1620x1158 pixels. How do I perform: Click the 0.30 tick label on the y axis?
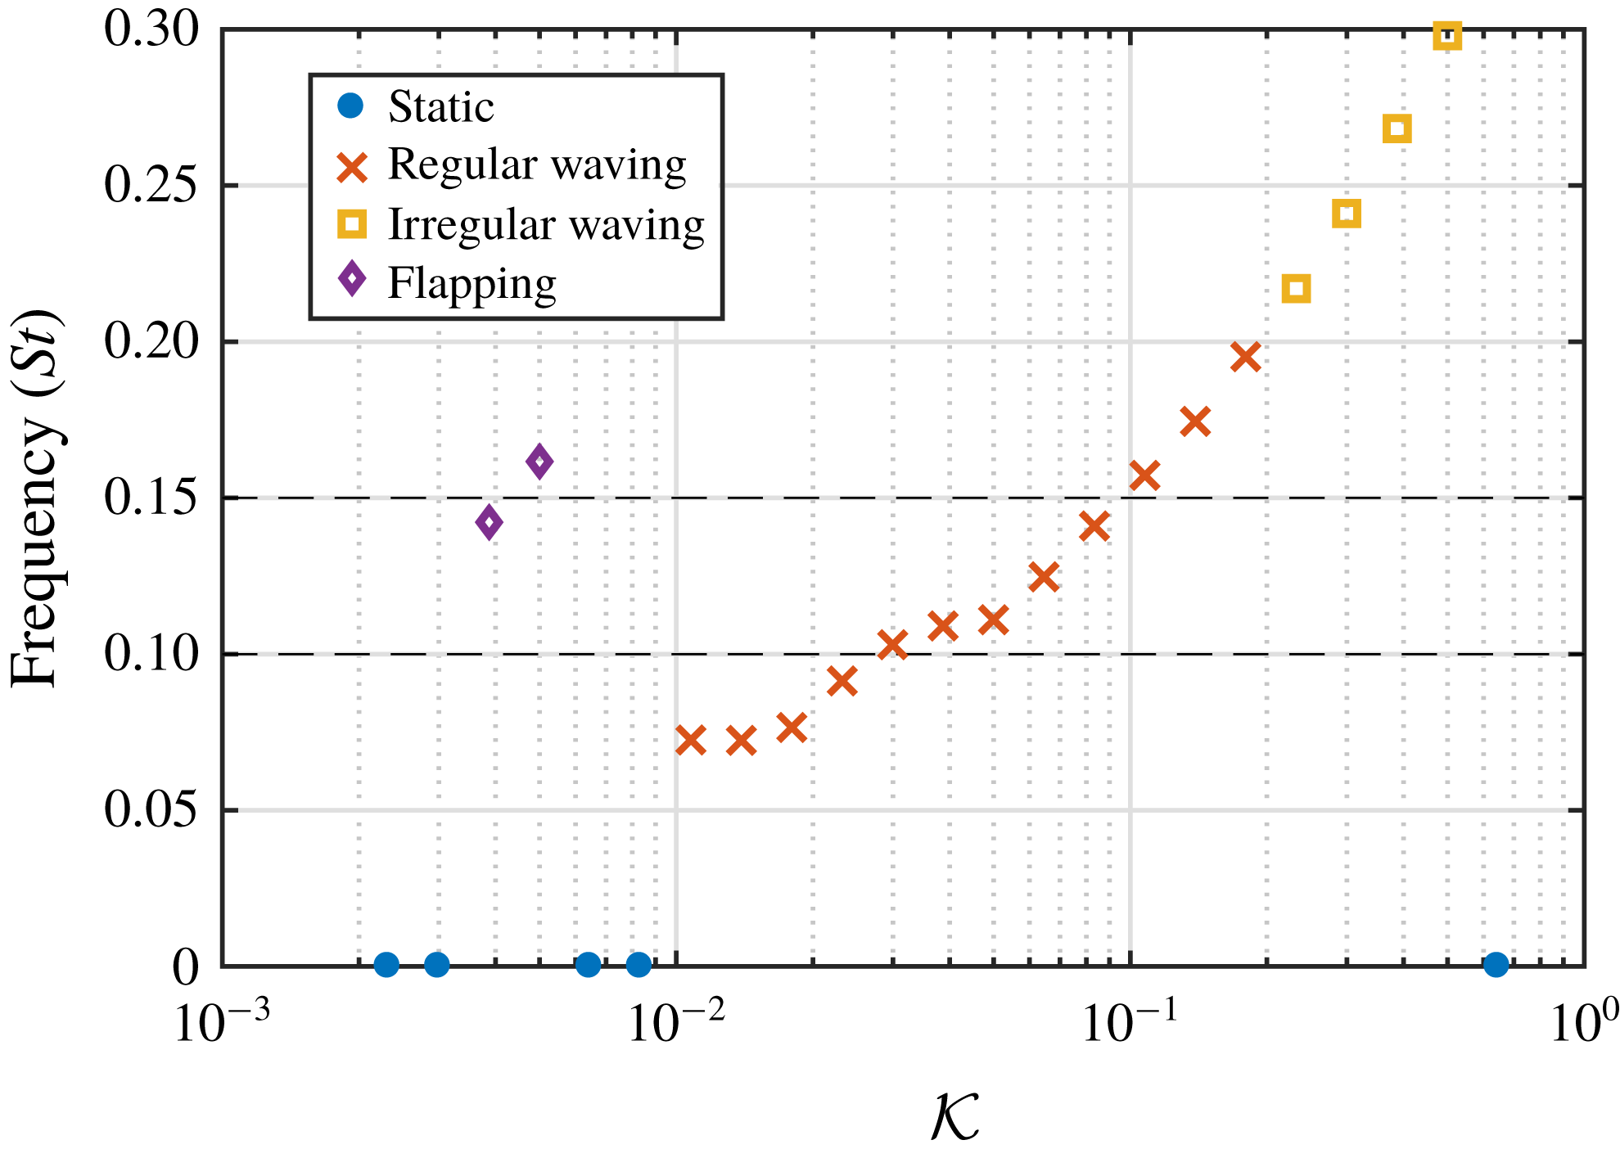click(x=151, y=29)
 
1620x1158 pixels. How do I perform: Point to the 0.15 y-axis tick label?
click(x=151, y=498)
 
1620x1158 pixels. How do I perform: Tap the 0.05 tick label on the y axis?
click(x=151, y=810)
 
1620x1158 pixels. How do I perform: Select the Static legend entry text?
click(x=440, y=107)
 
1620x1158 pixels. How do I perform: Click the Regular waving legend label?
click(x=536, y=164)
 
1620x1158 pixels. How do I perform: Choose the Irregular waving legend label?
click(x=545, y=224)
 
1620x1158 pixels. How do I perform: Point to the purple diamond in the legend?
click(x=352, y=280)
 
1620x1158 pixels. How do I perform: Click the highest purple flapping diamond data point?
click(x=539, y=462)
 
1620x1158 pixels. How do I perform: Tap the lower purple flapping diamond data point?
click(x=489, y=522)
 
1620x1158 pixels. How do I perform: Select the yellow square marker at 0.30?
click(x=1447, y=36)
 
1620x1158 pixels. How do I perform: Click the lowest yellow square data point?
click(x=1296, y=288)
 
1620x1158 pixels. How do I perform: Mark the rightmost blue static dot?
click(x=1496, y=965)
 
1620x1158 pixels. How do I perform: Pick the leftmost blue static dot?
click(x=386, y=965)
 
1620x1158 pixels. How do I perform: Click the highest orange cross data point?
click(x=1245, y=357)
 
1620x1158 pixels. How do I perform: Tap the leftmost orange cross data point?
click(x=691, y=740)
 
